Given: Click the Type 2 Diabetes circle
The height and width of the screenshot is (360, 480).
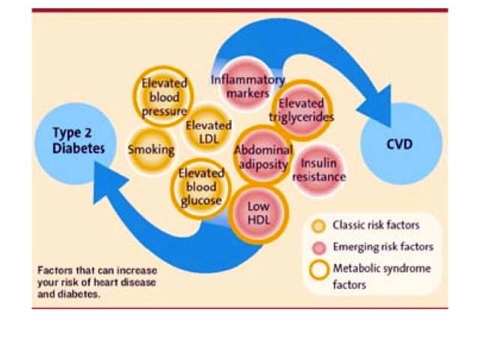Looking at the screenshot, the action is tap(75, 144).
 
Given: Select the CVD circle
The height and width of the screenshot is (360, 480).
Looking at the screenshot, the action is tap(401, 144).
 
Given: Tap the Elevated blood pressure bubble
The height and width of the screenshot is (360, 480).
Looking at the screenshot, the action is tap(163, 97).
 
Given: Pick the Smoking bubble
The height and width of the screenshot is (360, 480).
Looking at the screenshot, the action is tap(151, 150).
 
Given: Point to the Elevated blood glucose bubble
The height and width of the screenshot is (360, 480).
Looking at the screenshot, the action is tap(201, 188).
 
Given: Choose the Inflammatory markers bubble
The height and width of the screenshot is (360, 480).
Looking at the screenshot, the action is tap(247, 83).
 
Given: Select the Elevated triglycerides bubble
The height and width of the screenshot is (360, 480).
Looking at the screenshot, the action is tap(302, 110).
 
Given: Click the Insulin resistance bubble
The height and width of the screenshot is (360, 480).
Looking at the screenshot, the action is tap(319, 170).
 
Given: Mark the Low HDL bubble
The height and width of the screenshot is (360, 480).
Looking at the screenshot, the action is tap(259, 214).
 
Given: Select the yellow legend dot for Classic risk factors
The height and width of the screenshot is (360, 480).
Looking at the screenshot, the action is tap(319, 226).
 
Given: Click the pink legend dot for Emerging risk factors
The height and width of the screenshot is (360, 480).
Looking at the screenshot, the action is tap(319, 247).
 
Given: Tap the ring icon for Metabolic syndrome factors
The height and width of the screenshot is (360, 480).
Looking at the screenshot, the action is tap(319, 270).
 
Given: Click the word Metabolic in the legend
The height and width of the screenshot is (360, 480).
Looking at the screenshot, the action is tap(352, 268).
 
